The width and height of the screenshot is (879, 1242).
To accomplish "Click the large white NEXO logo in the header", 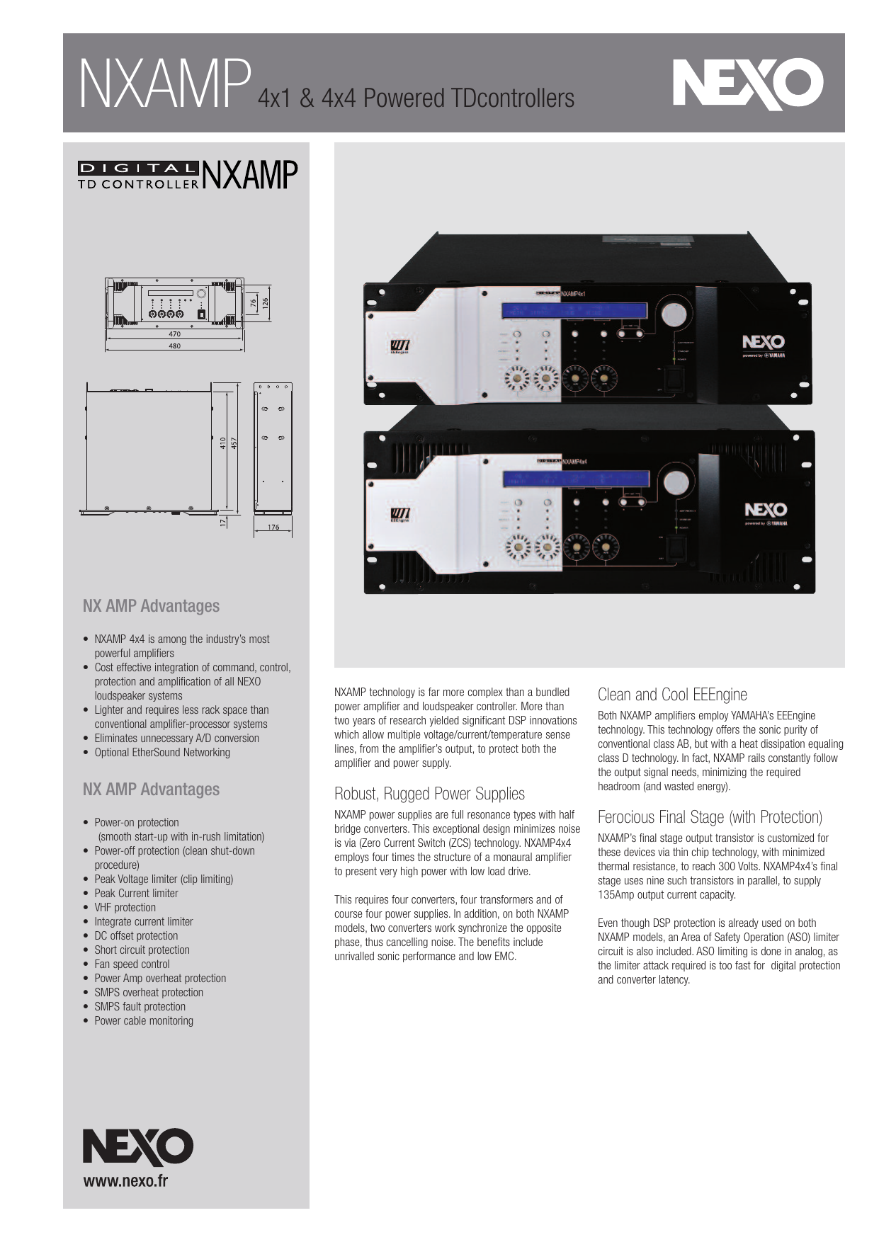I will coord(747,84).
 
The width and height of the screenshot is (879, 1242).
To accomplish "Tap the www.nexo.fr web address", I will coord(125,1180).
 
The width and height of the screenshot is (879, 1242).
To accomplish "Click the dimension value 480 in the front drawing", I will coord(174,346).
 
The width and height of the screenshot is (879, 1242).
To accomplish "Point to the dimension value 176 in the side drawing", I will coord(273,527).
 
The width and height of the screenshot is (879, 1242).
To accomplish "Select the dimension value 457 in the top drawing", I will coord(234,443).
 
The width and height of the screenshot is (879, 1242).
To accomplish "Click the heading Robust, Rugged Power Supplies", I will coord(429,794).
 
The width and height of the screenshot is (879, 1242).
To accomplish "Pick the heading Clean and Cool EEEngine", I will coord(672,695).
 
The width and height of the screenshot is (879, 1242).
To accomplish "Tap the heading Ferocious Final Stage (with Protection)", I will coord(710,817).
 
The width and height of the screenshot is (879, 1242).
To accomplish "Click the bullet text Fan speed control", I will coord(132,964).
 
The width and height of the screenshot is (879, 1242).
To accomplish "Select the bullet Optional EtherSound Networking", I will coord(162,752).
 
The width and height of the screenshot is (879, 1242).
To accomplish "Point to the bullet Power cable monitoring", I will coord(144,1020).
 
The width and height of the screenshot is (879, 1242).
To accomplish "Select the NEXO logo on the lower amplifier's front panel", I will coord(765,510).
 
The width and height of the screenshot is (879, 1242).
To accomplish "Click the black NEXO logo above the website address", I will coord(137,1146).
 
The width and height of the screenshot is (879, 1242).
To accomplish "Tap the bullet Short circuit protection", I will coord(142,950).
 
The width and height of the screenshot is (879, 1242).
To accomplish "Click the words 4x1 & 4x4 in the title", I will coord(307,98).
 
